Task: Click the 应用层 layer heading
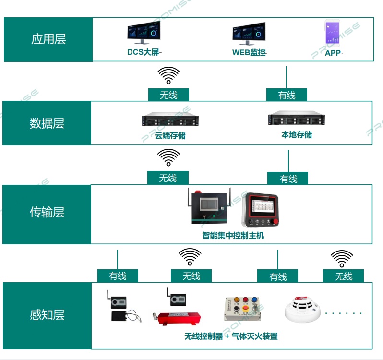click(x=48, y=39)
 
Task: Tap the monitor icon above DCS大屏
click(x=144, y=33)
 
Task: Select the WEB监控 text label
click(x=249, y=52)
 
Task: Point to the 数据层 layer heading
click(x=47, y=123)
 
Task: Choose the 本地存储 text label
click(x=296, y=135)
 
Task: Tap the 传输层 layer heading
click(x=47, y=212)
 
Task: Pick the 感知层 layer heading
click(x=47, y=315)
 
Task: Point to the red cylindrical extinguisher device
click(x=180, y=318)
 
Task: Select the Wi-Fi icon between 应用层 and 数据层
click(x=168, y=75)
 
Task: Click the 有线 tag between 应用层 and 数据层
click(x=287, y=95)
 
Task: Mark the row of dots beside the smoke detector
click(x=343, y=313)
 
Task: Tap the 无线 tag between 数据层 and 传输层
click(x=168, y=178)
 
